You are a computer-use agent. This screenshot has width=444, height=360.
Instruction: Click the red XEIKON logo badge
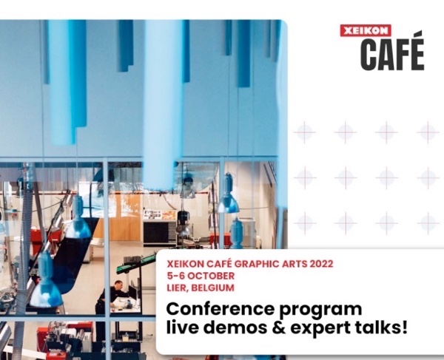click(x=366, y=30)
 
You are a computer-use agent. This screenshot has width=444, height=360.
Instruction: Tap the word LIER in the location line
click(x=177, y=288)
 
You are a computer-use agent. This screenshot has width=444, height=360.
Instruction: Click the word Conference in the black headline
click(x=220, y=308)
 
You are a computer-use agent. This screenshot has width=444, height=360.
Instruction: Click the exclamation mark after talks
click(x=405, y=327)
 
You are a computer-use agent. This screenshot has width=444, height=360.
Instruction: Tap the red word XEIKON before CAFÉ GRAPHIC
click(x=185, y=264)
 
